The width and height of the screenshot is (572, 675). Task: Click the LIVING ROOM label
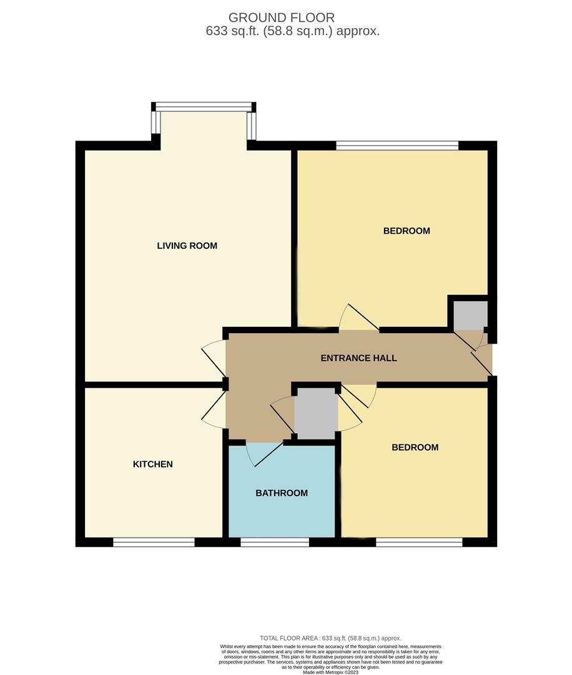pos(187,246)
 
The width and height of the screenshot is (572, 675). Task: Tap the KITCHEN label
pos(152,464)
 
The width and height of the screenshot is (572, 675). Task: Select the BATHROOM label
pos(282,493)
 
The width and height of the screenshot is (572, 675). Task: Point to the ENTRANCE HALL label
pos(358,358)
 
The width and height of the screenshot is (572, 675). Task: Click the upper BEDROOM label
pos(407,231)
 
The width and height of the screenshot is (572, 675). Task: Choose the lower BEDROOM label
pos(415,447)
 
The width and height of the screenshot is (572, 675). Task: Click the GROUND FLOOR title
pos(281,17)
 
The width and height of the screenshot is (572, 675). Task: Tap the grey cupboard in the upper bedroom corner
pos(470,314)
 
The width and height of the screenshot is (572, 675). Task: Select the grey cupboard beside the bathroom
pos(315,413)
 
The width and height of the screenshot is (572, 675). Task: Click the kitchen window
pos(154,542)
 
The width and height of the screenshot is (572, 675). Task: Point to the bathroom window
pos(275,542)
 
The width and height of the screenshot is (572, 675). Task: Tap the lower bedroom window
pos(419,542)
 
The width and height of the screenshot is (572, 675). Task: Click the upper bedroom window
pos(397,146)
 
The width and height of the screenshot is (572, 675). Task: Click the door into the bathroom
pos(265,453)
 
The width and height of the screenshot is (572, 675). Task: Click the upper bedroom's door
pos(358,317)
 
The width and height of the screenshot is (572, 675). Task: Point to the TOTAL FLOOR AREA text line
pos(330,638)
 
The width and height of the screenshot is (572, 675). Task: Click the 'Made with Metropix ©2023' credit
pos(330,672)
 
